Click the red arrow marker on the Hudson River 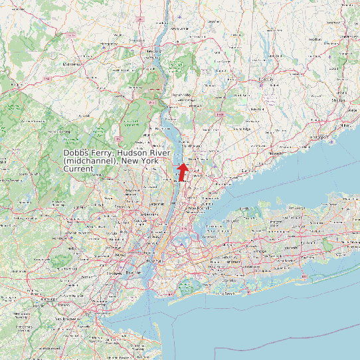tap(182, 172)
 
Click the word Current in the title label tap(78, 169)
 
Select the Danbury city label tap(266, 80)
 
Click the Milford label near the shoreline tap(345, 124)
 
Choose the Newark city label tap(121, 255)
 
